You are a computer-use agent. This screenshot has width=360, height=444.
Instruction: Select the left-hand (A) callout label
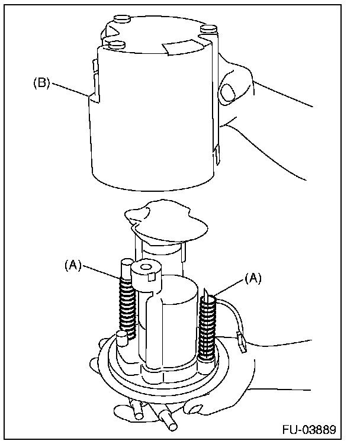72,265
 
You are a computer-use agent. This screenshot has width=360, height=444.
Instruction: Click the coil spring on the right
209,326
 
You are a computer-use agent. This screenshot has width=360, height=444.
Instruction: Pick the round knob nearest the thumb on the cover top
208,28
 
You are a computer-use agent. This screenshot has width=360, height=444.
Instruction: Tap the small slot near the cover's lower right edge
217,155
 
